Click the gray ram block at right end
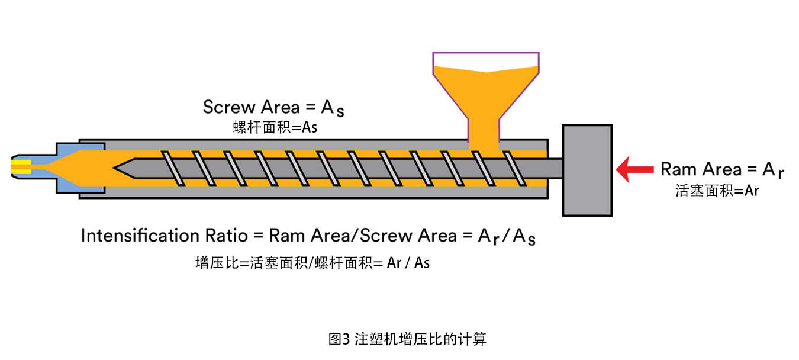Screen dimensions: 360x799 [x=587, y=170]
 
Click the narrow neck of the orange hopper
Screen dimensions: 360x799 [x=483, y=130]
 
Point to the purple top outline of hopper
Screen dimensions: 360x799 [x=485, y=53]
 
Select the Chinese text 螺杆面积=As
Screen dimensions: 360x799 [x=275, y=128]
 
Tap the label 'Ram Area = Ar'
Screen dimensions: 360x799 [x=722, y=170]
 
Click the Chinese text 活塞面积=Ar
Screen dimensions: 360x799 [x=717, y=191]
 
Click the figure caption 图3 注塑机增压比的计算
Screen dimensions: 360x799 [x=407, y=339]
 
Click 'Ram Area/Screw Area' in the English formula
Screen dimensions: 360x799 [x=363, y=236]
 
